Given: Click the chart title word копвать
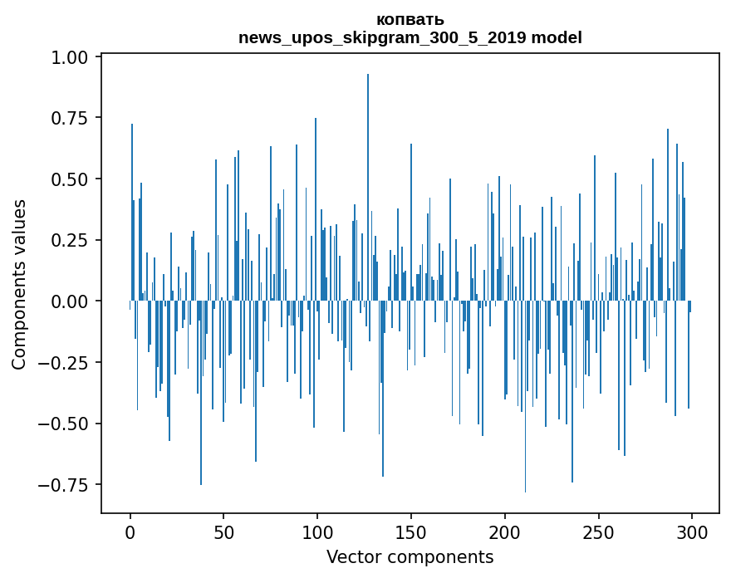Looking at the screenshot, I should tap(410, 19).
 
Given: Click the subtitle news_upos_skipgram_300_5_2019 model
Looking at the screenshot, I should tap(410, 37).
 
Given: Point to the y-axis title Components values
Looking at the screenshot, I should tap(19, 284).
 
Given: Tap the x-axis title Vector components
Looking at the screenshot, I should tap(410, 557).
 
